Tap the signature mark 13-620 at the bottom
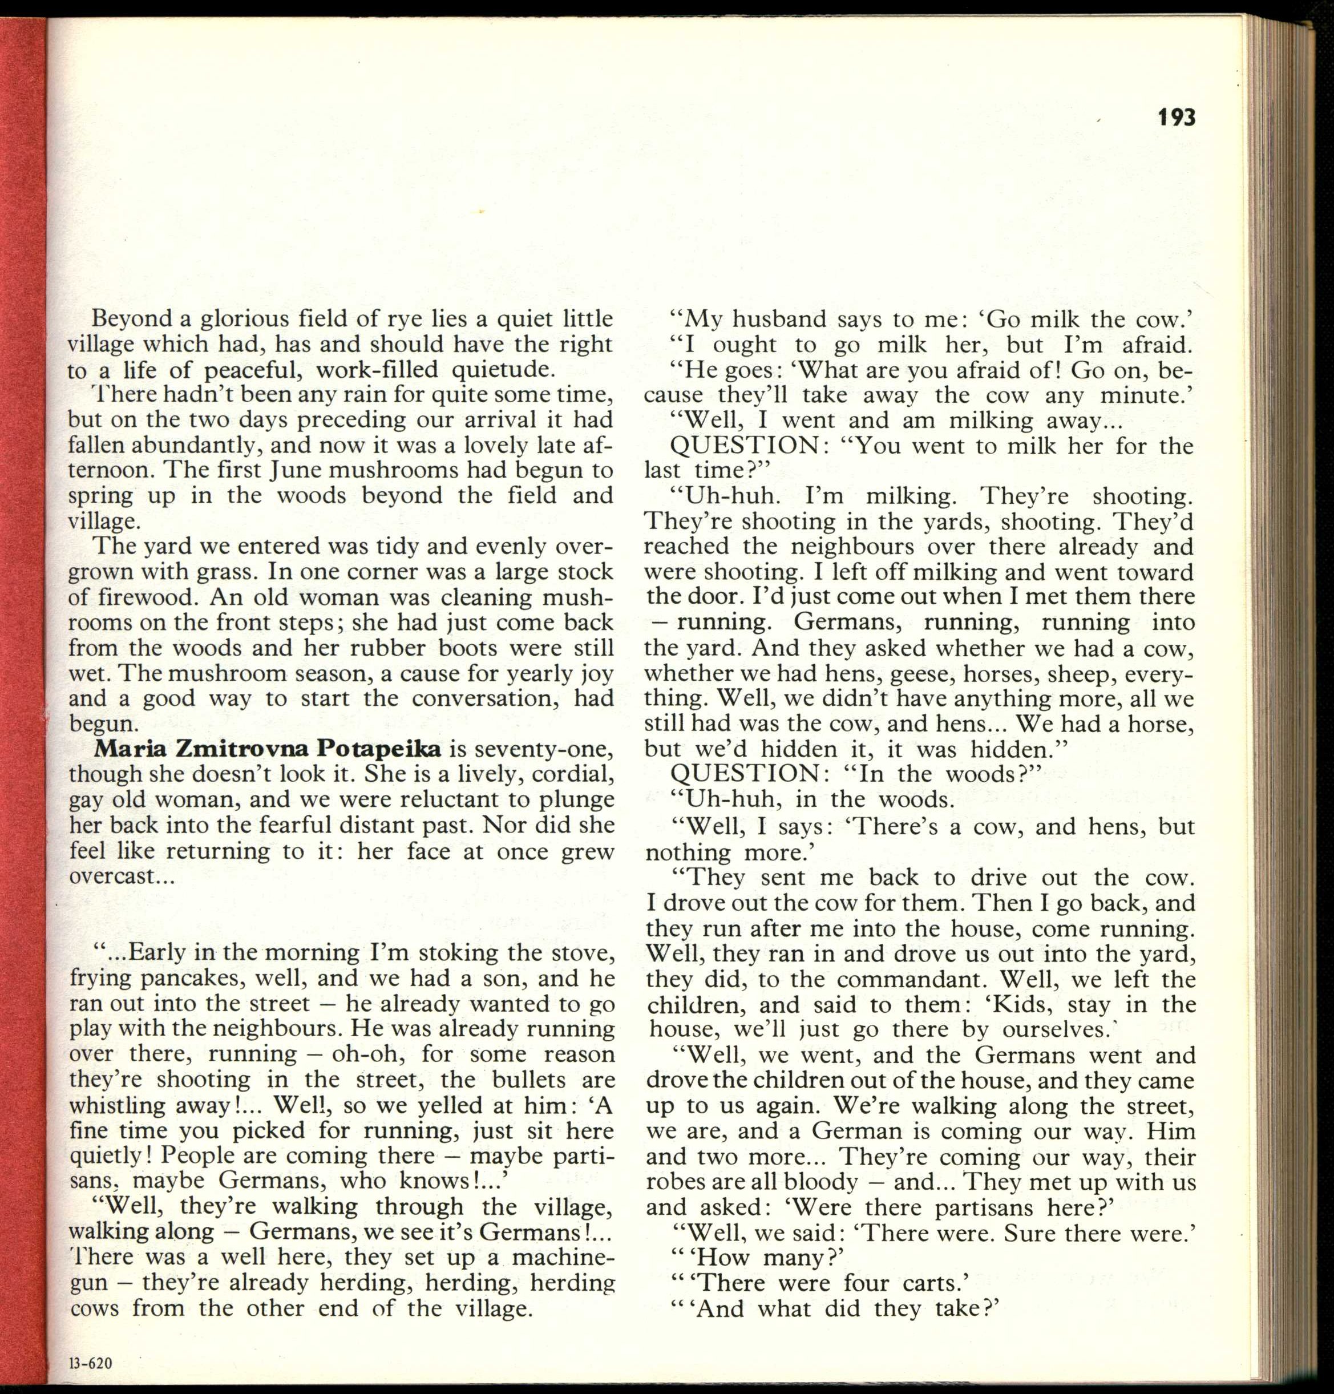point(90,1363)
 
